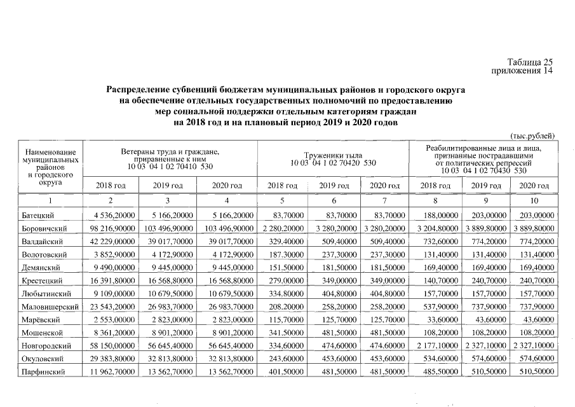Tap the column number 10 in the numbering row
coord(534,200)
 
